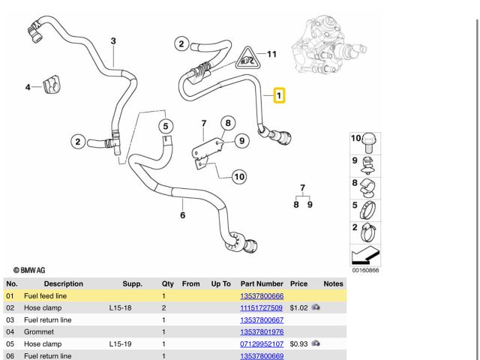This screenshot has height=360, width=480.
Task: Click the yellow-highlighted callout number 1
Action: [x=279, y=96]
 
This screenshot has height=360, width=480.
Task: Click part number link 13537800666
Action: [x=262, y=296]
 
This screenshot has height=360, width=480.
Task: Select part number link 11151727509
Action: [x=261, y=308]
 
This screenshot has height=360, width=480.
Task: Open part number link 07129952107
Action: [x=261, y=343]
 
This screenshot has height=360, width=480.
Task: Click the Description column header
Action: [x=63, y=284]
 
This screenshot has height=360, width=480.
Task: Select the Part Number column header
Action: [x=262, y=284]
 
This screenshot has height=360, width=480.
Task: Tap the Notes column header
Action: [x=333, y=284]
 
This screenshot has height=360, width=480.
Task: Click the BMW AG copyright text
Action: [x=28, y=269]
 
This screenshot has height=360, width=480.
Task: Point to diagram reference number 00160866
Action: [x=365, y=271]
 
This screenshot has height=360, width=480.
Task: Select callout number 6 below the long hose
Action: [x=182, y=216]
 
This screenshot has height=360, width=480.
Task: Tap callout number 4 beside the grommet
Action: [x=28, y=88]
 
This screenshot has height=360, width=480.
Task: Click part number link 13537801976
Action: [x=262, y=331]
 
